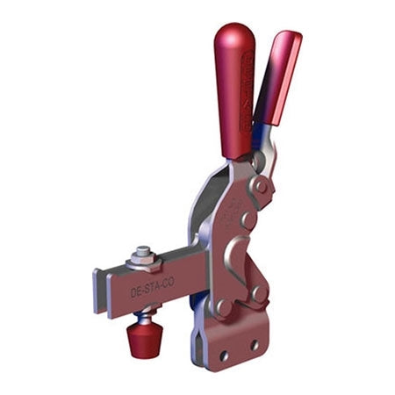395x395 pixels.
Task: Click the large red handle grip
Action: [235, 92]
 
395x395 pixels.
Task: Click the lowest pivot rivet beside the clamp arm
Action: [224, 308]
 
